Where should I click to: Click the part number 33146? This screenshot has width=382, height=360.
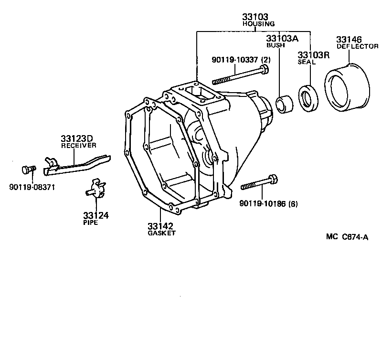(x=349, y=39)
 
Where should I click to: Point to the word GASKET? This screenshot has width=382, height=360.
(x=162, y=233)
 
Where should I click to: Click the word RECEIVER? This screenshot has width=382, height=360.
(x=79, y=146)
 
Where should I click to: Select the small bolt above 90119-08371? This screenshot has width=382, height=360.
(x=28, y=169)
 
